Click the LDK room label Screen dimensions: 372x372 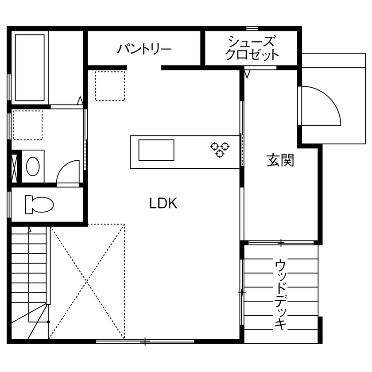point(163,204)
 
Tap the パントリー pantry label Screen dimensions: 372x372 point(144,49)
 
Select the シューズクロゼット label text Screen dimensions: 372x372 point(252,48)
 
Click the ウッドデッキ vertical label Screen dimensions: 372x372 point(280,294)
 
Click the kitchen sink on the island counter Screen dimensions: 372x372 point(156,150)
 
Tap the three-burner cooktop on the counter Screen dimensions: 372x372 point(220,149)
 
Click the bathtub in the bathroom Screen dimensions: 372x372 point(30,67)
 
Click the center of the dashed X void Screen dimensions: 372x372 point(87,281)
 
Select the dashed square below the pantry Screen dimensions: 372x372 point(110,86)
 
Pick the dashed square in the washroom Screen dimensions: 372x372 point(27,125)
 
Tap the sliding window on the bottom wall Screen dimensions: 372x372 point(145,341)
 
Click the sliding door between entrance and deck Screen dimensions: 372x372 point(281,242)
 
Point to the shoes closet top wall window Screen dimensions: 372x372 point(252,28)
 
